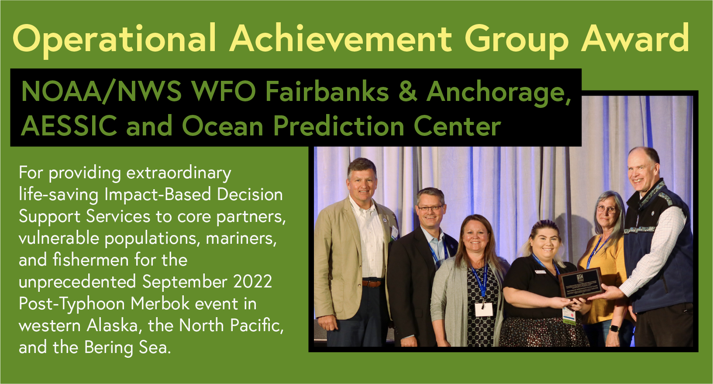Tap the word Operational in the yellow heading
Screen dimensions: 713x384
click(x=114, y=40)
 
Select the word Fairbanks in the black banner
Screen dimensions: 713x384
click(x=327, y=92)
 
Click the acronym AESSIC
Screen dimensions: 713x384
click(x=69, y=126)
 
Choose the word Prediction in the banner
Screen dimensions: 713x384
click(x=339, y=126)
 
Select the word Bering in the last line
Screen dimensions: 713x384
click(x=109, y=348)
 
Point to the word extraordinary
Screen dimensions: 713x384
click(x=179, y=173)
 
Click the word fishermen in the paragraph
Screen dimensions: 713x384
click(x=91, y=260)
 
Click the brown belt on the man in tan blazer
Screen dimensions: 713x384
click(x=372, y=283)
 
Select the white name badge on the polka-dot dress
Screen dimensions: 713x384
click(x=483, y=309)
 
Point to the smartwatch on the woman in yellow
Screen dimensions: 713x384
click(x=614, y=328)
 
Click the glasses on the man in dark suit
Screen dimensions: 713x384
click(x=431, y=208)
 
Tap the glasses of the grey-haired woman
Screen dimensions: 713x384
click(x=606, y=209)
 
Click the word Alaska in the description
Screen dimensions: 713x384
click(x=112, y=325)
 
